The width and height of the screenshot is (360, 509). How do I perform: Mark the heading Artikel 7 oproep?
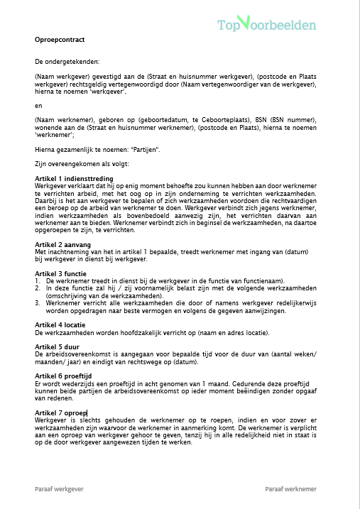[61, 412]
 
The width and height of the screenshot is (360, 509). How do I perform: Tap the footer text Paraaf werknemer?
[291, 489]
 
